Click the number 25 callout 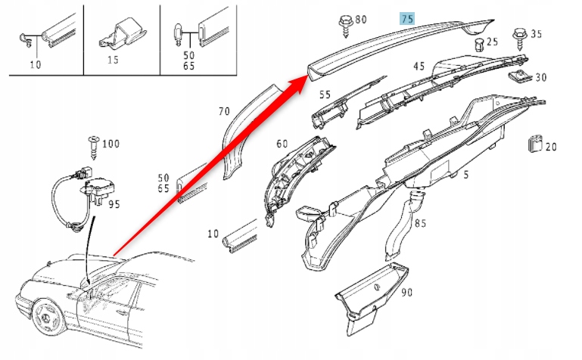[492, 42]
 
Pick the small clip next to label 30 [520, 76]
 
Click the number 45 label [419, 66]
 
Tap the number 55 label [325, 95]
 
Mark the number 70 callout [223, 111]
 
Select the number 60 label [282, 144]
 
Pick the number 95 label [114, 204]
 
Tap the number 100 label [111, 143]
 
